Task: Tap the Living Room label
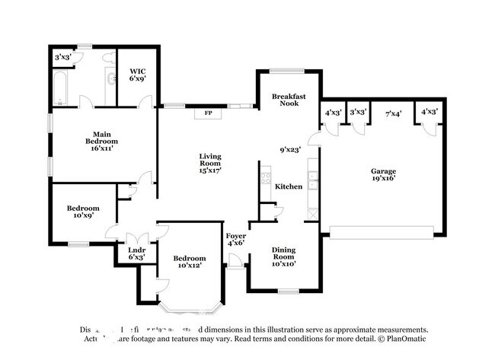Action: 210,160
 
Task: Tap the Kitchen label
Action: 289,186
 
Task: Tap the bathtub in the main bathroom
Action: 62,88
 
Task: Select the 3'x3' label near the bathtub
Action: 63,57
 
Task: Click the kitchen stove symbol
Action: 266,180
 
